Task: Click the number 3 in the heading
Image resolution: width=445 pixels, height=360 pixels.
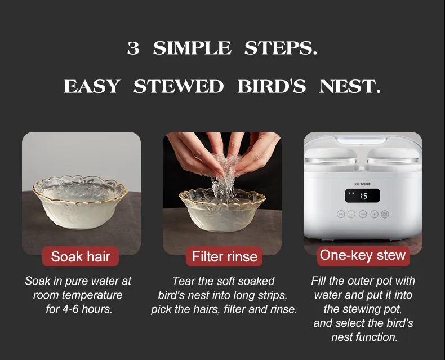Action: [x=133, y=48]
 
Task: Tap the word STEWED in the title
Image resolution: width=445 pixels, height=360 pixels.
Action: [x=179, y=87]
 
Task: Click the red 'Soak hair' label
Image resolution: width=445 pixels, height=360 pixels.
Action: [x=81, y=257]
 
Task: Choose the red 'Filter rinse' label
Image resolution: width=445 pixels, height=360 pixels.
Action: [x=224, y=257]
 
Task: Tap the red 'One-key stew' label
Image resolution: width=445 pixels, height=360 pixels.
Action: [x=362, y=255]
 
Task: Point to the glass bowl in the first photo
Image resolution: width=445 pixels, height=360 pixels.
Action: [x=80, y=202]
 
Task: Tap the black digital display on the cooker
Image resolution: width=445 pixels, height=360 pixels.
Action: [x=362, y=195]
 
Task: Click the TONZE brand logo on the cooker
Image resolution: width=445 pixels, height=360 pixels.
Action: [x=362, y=184]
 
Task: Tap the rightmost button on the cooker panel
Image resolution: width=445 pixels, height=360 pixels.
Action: [x=385, y=214]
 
